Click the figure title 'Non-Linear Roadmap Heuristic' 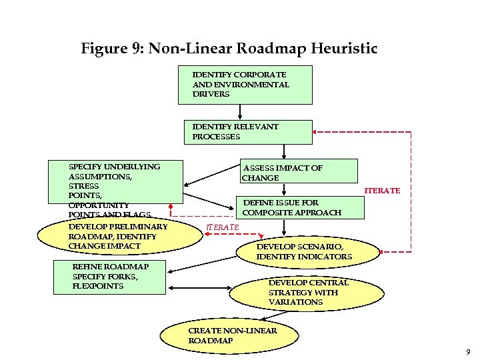coord(263,49)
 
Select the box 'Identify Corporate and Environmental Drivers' coord(245,85)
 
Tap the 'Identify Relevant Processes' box coord(248,131)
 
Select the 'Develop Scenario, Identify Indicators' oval coord(303,251)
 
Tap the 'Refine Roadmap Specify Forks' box coord(110,277)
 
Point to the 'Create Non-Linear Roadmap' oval coord(233,335)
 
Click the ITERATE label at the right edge coord(382,191)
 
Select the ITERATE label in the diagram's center coord(223,227)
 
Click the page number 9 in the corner coord(468,351)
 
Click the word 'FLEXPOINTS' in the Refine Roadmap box coord(98,286)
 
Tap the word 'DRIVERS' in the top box coord(211,94)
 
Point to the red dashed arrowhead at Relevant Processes coord(317,131)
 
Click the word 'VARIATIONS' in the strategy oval coord(295,302)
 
